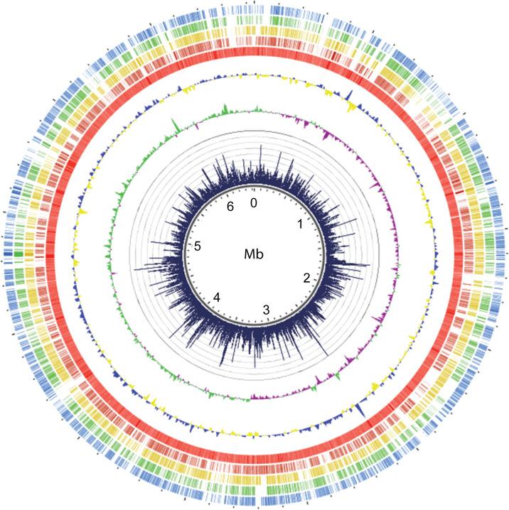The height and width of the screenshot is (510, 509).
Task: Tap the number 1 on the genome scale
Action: click(300, 224)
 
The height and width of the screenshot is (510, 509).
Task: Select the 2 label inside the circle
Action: click(306, 278)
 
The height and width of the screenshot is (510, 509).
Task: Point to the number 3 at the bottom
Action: click(266, 310)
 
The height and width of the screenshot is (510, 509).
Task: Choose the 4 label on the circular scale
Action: click(218, 297)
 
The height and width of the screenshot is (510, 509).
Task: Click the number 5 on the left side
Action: click(198, 246)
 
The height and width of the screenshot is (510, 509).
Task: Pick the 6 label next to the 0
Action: click(229, 207)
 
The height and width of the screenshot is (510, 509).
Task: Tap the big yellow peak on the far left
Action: click(82, 212)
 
